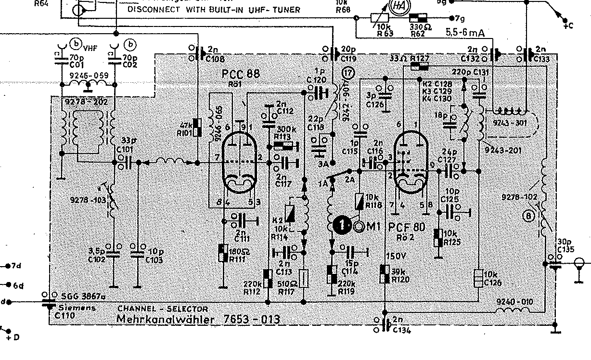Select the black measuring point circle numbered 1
(342, 225)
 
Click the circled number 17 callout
(348, 73)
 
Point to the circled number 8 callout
(528, 216)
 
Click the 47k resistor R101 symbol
(196, 127)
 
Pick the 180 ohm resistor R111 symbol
(223, 253)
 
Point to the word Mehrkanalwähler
(166, 320)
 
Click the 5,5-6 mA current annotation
(464, 33)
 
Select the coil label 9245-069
(89, 76)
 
